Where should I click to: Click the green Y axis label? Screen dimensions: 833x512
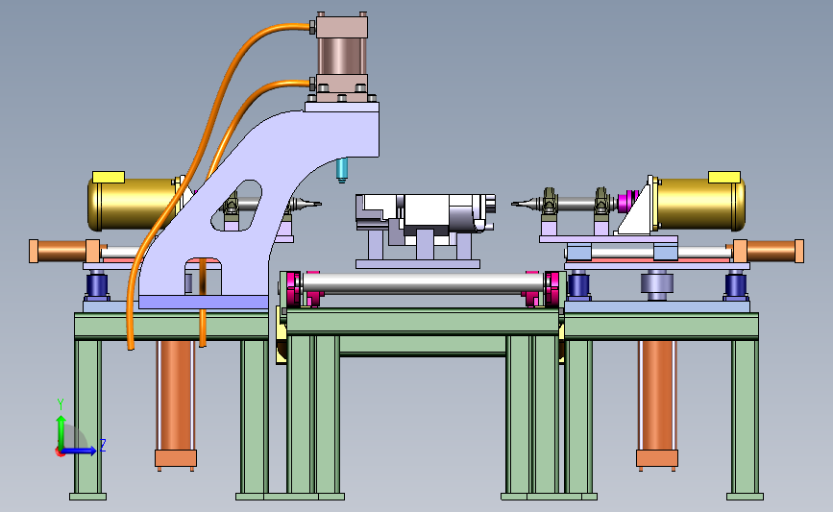pyautogui.click(x=61, y=404)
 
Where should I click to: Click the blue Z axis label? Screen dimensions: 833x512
pyautogui.click(x=103, y=445)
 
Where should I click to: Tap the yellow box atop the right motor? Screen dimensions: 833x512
pyautogui.click(x=724, y=177)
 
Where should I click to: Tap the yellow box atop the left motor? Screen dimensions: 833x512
pyautogui.click(x=109, y=177)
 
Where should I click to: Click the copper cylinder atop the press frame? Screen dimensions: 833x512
pyautogui.click(x=342, y=56)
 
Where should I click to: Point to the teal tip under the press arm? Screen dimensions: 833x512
pyautogui.click(x=342, y=170)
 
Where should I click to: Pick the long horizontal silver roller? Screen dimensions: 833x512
pyautogui.click(x=424, y=282)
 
